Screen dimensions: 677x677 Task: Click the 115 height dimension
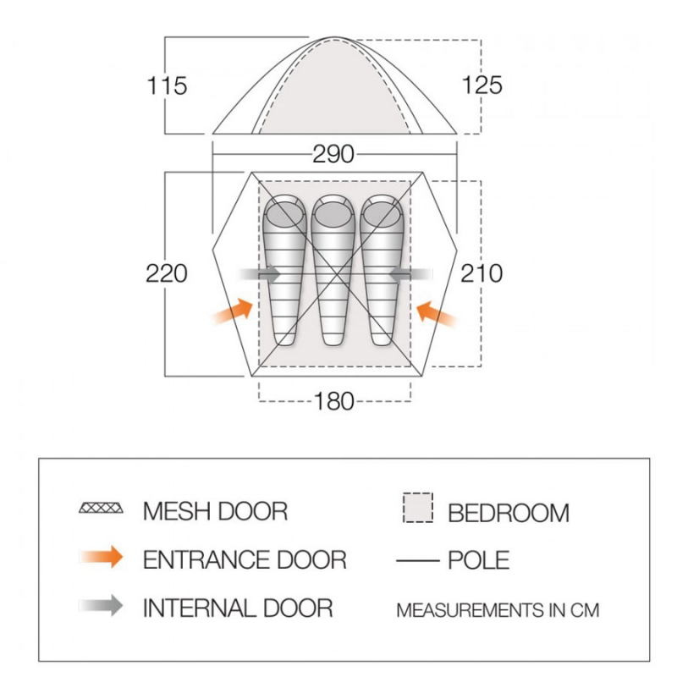pos(167,85)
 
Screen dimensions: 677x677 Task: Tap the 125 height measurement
pos(482,85)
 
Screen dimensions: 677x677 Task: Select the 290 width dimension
pos(333,154)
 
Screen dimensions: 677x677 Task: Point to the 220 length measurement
pos(167,273)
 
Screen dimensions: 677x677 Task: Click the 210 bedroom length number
pos(482,273)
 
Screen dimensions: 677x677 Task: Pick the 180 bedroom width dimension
pos(334,401)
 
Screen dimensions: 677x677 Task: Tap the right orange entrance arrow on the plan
pos(436,314)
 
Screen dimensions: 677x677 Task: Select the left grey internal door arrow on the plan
pos(259,273)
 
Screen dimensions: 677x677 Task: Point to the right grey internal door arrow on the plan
pos(410,273)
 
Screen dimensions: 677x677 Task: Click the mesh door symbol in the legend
pos(101,508)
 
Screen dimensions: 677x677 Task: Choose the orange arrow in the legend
pos(101,557)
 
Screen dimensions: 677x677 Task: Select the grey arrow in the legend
pos(101,605)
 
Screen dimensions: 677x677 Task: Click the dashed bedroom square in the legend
pos(418,508)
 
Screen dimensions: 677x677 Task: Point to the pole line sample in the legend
pos(417,561)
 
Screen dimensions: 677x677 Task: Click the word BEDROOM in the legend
pos(509,513)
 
